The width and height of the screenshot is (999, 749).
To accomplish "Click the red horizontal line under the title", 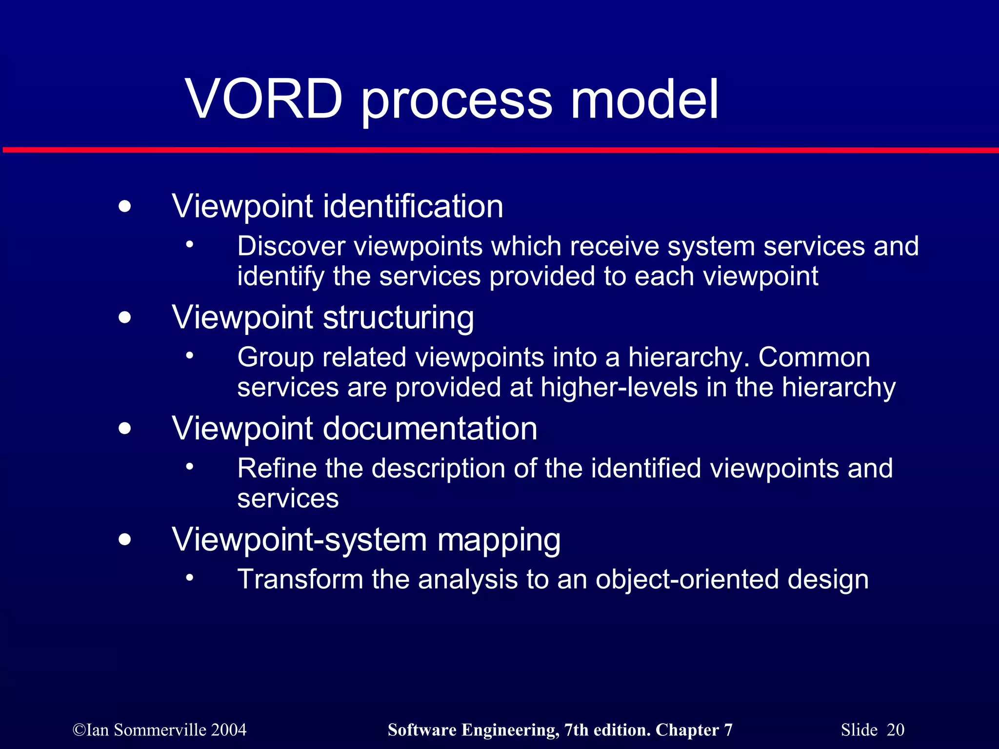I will pos(499,150).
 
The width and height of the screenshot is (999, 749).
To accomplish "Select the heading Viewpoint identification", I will pos(338,206).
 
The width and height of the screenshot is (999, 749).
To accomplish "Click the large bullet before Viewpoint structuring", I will pos(125,318).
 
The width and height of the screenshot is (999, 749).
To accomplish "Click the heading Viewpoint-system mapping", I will pos(366,540).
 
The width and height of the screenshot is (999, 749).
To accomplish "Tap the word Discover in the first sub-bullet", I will pos(291,246).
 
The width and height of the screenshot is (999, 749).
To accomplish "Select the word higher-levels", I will pos(619,388).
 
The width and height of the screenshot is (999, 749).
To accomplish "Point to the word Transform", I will pos(300,580).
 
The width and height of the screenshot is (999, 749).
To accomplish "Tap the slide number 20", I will pos(895,730).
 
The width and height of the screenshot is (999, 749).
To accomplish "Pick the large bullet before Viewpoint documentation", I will pos(125,429).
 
